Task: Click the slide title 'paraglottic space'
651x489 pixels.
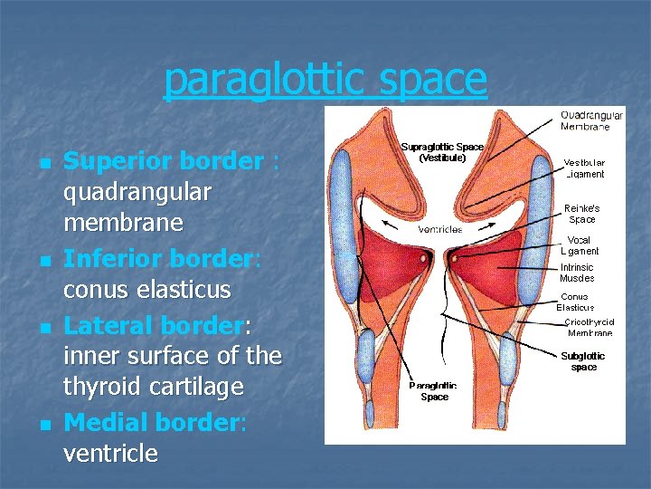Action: (325, 80)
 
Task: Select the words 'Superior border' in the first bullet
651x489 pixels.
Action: (163, 161)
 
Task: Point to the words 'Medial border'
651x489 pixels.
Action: (152, 422)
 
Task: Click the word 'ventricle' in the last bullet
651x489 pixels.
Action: (110, 454)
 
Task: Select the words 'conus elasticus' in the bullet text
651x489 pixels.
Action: (146, 291)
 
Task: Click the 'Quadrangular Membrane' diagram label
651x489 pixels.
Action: (591, 120)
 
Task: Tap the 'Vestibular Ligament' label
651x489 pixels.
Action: (584, 168)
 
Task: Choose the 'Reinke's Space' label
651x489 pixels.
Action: (582, 213)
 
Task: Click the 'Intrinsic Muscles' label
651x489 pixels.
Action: (577, 273)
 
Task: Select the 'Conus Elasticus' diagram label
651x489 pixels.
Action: (575, 302)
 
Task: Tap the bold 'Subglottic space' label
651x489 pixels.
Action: (583, 361)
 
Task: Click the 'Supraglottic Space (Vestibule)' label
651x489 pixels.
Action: (442, 151)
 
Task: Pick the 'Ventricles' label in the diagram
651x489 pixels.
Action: (440, 229)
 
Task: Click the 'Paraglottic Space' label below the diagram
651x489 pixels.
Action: (433, 391)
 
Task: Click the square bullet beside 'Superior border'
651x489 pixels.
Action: (44, 163)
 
